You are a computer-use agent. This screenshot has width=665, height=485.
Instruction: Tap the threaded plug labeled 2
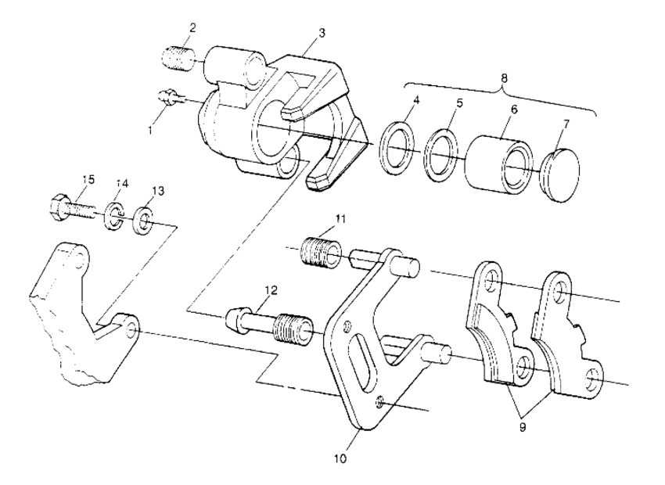[180, 58]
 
